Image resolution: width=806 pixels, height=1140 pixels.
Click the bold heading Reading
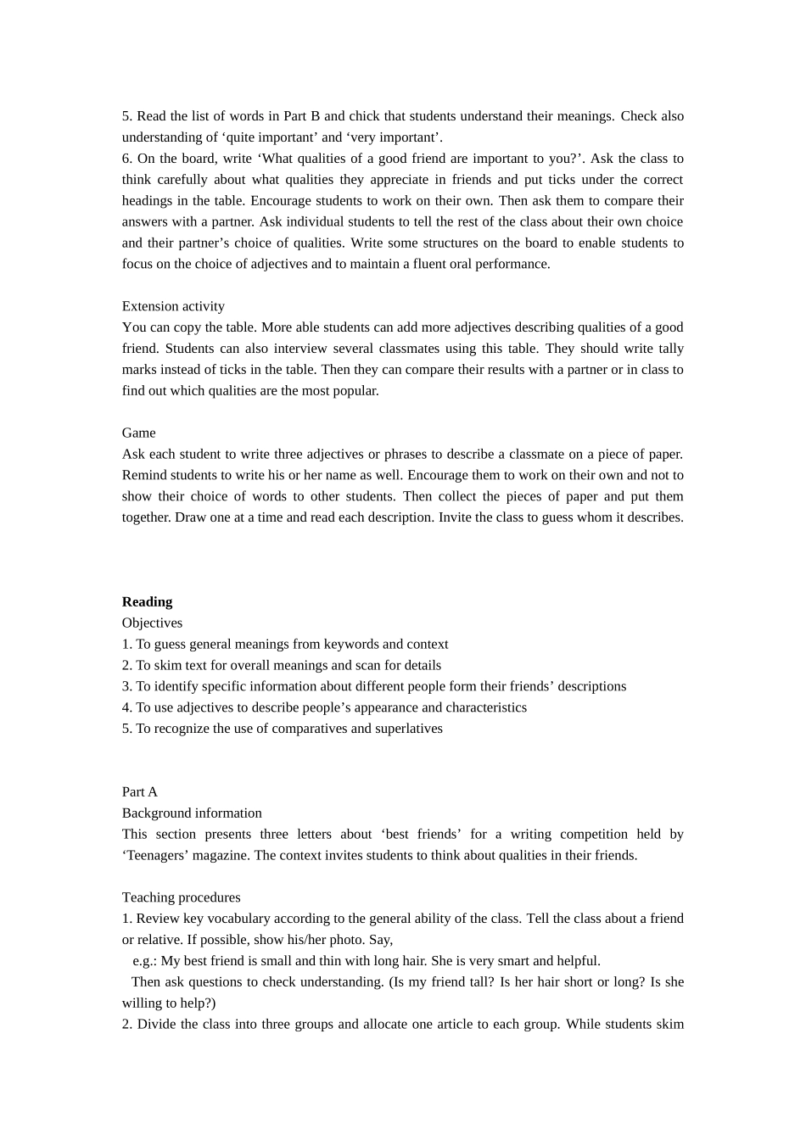click(147, 601)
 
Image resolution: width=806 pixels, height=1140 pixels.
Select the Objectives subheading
click(152, 623)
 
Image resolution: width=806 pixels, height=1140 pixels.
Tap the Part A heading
click(140, 791)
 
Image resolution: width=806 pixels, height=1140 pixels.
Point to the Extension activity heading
click(173, 306)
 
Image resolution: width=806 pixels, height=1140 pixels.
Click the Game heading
click(138, 433)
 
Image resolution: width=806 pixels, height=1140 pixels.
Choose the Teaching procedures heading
click(181, 897)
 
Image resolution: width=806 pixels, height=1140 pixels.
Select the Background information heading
click(192, 813)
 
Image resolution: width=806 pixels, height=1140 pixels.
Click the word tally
click(671, 349)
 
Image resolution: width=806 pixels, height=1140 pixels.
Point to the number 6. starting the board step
click(127, 159)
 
